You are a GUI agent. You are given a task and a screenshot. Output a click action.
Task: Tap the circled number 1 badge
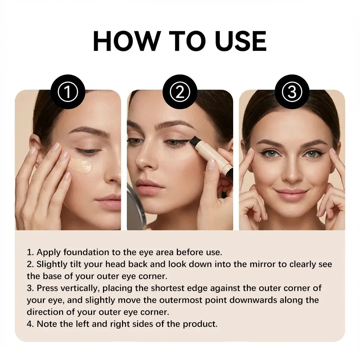(x=68, y=92)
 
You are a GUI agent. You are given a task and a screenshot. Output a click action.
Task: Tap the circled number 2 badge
(x=180, y=92)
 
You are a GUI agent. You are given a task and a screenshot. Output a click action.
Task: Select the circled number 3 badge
(x=292, y=92)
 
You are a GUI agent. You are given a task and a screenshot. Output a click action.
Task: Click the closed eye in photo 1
(x=88, y=152)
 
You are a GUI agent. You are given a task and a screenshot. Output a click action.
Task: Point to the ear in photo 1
(x=35, y=147)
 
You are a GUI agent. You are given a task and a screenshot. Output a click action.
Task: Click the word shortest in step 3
(x=168, y=288)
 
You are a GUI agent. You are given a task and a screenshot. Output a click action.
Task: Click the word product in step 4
(x=200, y=324)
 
